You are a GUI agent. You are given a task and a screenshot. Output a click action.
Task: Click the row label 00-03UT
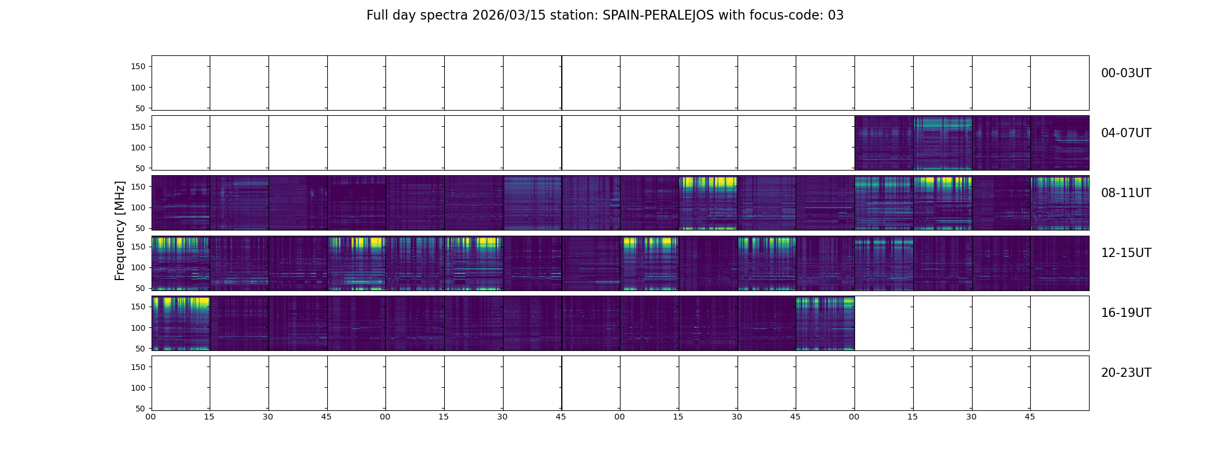(1126, 73)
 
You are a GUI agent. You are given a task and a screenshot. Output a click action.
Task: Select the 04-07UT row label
(1126, 133)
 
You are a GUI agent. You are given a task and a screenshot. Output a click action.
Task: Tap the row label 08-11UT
(1126, 193)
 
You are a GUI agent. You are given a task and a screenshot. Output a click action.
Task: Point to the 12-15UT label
(1126, 253)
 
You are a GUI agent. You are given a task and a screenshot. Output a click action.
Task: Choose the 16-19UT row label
(1126, 313)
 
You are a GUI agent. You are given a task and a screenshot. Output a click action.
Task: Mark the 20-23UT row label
(1126, 373)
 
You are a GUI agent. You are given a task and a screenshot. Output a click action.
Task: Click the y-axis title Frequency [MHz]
(120, 231)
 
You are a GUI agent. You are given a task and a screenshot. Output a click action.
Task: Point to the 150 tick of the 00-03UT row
(139, 67)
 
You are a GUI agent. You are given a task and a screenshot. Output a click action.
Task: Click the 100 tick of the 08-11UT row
(139, 207)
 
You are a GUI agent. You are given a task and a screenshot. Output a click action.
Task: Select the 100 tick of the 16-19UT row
(139, 328)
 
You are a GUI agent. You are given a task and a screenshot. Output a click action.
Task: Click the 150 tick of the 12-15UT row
(139, 247)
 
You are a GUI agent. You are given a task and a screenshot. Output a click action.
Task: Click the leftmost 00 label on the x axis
(151, 417)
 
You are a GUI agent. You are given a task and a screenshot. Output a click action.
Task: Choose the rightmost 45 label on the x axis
(1030, 417)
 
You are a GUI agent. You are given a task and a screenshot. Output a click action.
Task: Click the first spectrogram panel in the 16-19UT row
(181, 323)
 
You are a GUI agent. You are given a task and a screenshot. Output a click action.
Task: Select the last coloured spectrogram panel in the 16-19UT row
(825, 323)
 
